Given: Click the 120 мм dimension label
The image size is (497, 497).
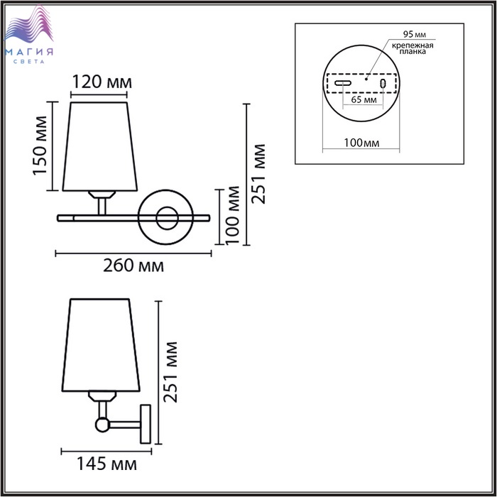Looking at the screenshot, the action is pos(102,82).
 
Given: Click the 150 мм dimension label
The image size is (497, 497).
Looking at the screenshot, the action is pos(40,146).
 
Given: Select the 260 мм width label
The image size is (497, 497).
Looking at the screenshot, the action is pos(133,266).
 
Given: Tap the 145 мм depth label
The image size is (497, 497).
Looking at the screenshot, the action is pos(106,464).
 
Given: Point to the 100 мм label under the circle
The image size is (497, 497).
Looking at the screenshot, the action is pos(361,143).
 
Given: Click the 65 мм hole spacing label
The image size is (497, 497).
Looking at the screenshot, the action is pos(364,100).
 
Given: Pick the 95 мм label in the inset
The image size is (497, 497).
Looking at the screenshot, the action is pos(414,34).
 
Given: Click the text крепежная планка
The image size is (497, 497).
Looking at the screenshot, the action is pos(413,48).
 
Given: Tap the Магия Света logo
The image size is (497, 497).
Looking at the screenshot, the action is pos(29,34).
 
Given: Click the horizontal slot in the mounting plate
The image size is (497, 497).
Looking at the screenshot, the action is pos(343,83).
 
